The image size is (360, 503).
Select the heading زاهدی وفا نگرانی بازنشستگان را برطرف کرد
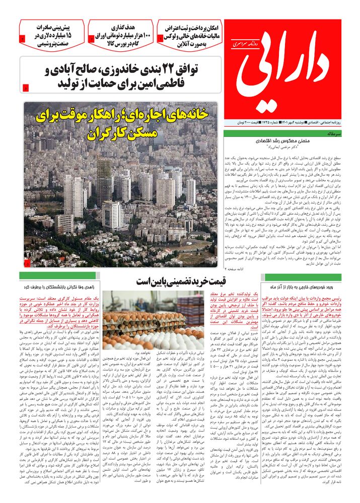[59, 287]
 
